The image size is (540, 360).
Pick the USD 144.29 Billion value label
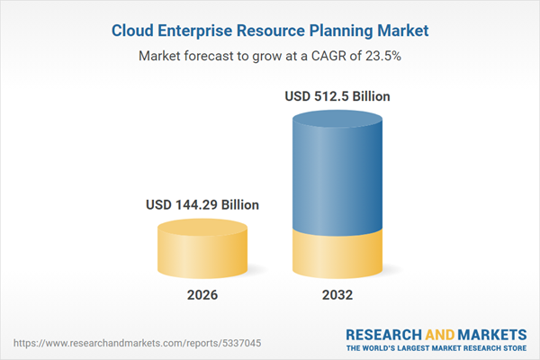coord(202,205)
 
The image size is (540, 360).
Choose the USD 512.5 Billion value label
coord(337,96)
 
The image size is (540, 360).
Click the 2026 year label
coord(202,295)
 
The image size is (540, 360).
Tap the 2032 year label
coord(337,295)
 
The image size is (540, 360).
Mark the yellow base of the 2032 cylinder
coord(337,256)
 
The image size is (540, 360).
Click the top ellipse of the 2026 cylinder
coord(202,228)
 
